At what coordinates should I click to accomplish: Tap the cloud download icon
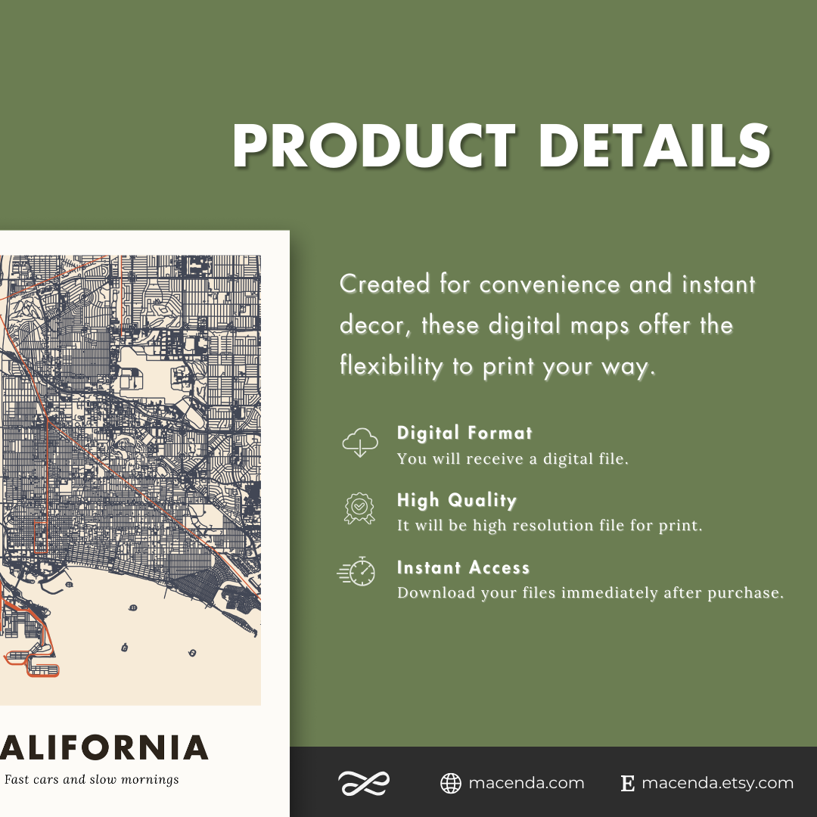point(360,443)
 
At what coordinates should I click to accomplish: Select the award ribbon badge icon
point(359,508)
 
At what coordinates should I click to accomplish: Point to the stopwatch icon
point(357,572)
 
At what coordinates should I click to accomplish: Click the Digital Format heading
point(464,433)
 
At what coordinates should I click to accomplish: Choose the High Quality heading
point(457,500)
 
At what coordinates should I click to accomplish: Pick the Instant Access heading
point(463,567)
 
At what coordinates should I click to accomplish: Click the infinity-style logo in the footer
point(363,783)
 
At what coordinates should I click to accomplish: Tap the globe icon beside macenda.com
point(451,783)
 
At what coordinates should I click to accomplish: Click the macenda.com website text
point(527,783)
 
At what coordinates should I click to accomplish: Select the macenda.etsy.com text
point(717,783)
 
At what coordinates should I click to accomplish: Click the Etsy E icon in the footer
point(627,784)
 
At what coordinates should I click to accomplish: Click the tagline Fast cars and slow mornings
point(92,779)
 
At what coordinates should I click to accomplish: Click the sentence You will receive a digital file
point(512,458)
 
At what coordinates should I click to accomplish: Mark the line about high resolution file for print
point(550,525)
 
